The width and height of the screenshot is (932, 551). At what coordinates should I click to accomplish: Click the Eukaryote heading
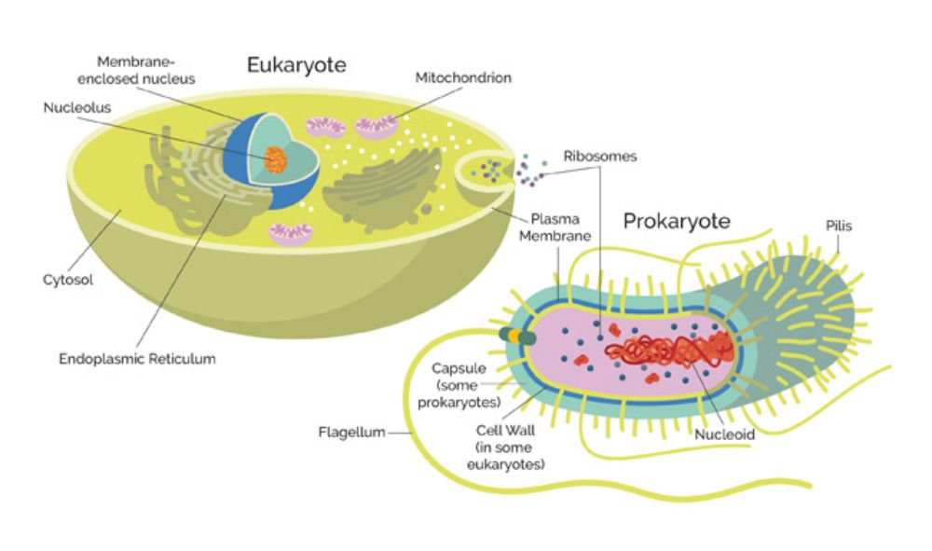(x=296, y=64)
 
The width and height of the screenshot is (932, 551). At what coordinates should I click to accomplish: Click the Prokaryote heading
(x=677, y=221)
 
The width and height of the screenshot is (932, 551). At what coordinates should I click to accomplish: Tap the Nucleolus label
(x=77, y=107)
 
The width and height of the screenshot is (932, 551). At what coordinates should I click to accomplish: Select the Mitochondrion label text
(x=463, y=78)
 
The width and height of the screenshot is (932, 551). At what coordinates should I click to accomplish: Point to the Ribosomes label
(x=599, y=157)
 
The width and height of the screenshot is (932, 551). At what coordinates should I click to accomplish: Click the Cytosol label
(x=68, y=280)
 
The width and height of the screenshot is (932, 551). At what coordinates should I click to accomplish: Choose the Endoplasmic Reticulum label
(x=137, y=359)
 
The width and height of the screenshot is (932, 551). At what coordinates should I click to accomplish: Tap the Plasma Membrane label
(x=555, y=227)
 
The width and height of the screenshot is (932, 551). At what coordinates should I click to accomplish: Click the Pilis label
(x=839, y=226)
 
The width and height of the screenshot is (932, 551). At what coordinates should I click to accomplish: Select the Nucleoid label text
(x=724, y=434)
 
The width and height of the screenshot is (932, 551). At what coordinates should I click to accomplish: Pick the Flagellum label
(x=352, y=432)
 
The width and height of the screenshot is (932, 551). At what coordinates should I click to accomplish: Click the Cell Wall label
(x=506, y=447)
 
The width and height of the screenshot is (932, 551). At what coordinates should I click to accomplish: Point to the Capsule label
(x=459, y=385)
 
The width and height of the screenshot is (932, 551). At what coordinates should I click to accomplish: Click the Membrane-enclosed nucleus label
(x=136, y=70)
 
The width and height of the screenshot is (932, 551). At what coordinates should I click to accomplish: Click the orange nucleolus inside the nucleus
(x=275, y=159)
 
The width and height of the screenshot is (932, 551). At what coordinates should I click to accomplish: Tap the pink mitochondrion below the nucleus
(x=291, y=234)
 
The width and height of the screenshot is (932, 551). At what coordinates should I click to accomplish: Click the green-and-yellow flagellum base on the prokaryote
(x=517, y=337)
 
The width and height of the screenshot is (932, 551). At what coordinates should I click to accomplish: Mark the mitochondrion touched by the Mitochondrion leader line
(x=377, y=127)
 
